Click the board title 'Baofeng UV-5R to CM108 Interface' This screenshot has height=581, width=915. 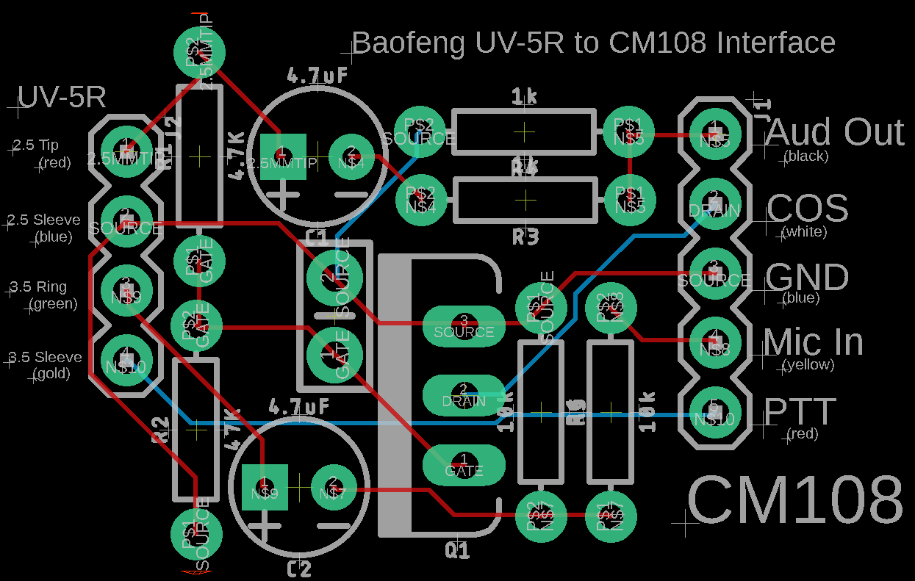click(593, 43)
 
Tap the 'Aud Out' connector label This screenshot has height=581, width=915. click(834, 133)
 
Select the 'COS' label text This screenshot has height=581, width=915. click(807, 209)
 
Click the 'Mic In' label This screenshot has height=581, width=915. click(813, 342)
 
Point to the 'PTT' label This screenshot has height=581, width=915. click(800, 412)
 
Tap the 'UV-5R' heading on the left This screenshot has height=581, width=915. click(62, 98)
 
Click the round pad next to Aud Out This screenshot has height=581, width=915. click(714, 134)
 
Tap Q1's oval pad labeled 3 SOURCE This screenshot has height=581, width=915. click(464, 325)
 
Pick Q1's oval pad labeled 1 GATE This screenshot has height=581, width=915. click(464, 464)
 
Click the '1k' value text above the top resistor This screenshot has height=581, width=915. click(523, 95)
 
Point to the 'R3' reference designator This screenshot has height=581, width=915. click(525, 237)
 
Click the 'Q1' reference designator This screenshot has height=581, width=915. click(457, 550)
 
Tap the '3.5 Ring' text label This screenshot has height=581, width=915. click(38, 287)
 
